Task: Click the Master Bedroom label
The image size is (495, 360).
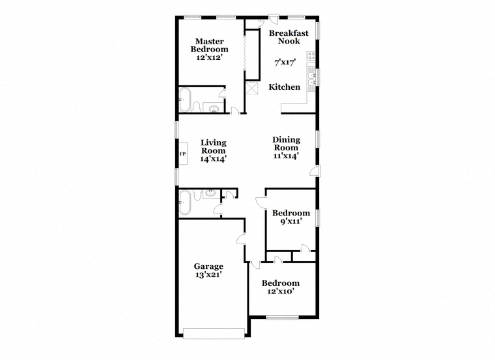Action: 209,45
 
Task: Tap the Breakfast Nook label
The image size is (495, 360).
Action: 289,37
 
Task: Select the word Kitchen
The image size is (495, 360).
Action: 285,87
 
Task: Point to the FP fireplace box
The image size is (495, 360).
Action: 182,154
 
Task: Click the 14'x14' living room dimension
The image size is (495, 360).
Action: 214,159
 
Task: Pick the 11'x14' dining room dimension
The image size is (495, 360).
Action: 286,156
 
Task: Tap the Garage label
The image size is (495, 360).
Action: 208,267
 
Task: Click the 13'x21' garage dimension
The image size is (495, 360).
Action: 208,275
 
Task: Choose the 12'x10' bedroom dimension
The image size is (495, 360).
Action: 281,291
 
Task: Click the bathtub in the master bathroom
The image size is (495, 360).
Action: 185,100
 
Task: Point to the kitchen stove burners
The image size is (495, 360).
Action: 311,57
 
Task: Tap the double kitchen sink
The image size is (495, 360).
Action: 311,79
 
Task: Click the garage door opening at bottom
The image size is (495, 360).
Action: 214,333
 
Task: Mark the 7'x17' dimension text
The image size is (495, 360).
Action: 285,62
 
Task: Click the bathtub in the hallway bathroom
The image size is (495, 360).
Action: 185,202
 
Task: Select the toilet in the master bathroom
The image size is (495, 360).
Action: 196,107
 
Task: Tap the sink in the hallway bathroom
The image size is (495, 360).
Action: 210,193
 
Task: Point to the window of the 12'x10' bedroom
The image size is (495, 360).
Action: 282,318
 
